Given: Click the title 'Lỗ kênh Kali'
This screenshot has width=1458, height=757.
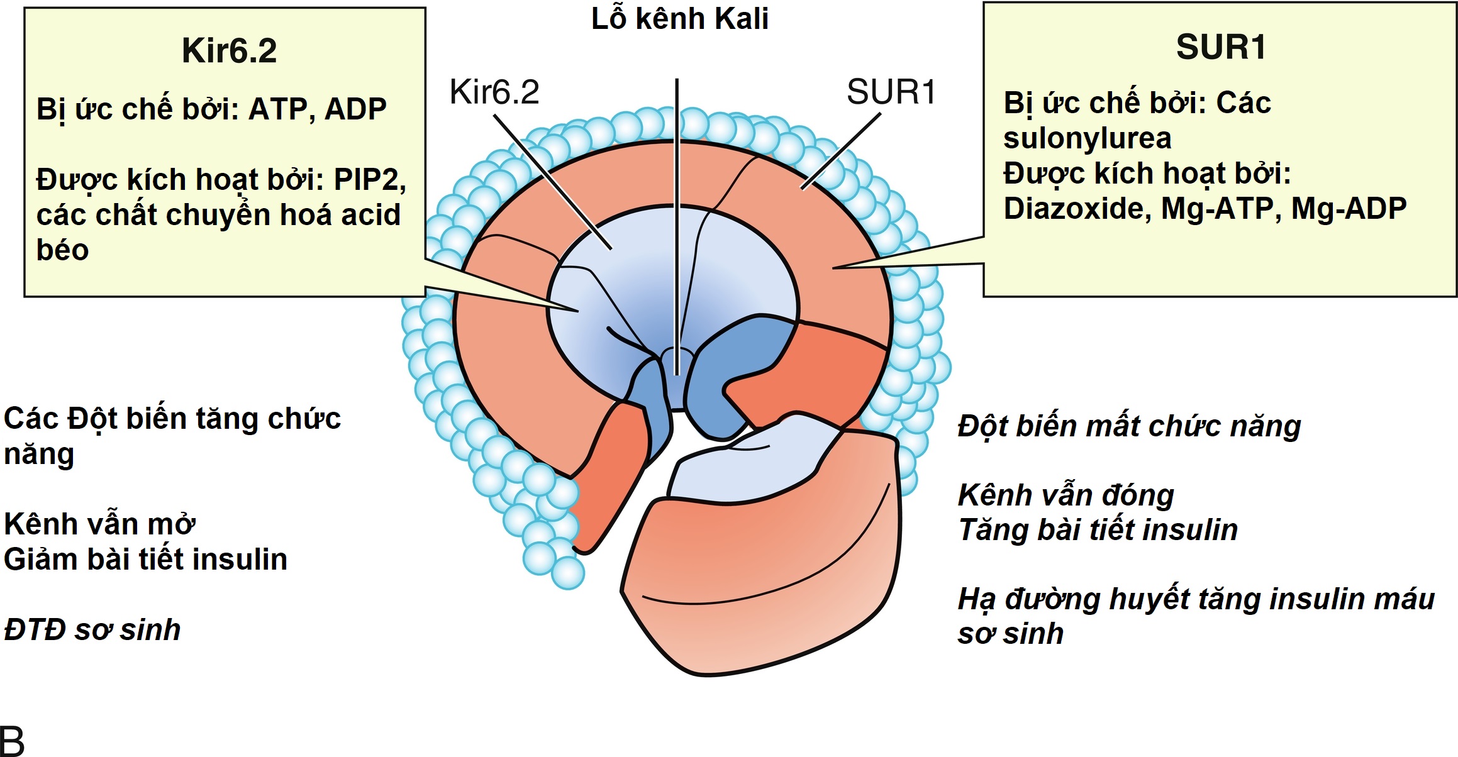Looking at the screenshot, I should [679, 19].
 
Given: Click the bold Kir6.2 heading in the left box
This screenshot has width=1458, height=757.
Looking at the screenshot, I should [229, 51].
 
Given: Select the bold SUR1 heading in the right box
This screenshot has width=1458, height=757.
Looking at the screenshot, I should [1221, 47].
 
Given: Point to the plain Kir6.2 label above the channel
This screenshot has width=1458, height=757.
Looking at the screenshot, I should [494, 92].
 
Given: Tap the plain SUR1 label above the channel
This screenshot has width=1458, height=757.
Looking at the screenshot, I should [891, 92].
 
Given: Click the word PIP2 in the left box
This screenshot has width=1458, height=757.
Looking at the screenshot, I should [369, 180].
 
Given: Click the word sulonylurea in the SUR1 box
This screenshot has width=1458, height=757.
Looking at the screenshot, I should [1087, 138].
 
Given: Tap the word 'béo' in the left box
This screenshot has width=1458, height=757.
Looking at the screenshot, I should [62, 250].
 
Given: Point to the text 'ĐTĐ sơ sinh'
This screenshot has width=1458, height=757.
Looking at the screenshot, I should [92, 630].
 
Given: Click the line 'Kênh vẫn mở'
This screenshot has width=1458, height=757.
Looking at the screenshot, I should [99, 524].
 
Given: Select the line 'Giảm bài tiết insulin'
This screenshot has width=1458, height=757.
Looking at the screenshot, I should [145, 560].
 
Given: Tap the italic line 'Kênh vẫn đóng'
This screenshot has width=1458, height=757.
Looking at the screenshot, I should [1066, 495].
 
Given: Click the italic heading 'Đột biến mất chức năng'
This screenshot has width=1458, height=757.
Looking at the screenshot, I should [1129, 426].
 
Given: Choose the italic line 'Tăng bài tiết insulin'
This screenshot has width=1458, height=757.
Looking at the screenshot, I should [1098, 530].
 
